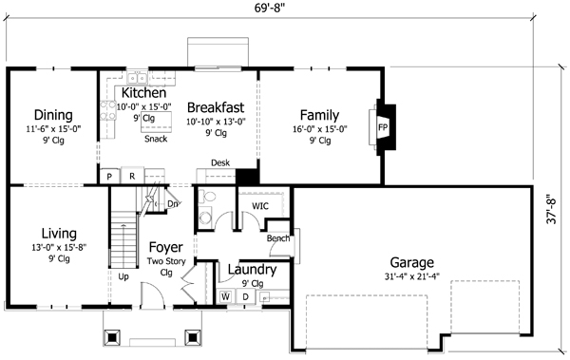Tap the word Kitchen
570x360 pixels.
tap(143, 93)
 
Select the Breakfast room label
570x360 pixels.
tap(217, 107)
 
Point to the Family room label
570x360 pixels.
tap(319, 115)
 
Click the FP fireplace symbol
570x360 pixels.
tap(384, 126)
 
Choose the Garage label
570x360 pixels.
tap(412, 262)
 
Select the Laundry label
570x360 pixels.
tap(252, 270)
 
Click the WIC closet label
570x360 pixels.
tap(260, 205)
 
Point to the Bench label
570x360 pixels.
tap(277, 238)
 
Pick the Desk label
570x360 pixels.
tap(220, 162)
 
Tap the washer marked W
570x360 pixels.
tap(226, 296)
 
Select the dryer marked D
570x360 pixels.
tap(244, 296)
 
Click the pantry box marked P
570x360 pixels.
tap(110, 177)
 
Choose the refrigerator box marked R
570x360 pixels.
tap(131, 177)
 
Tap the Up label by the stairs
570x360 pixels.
tap(123, 276)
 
